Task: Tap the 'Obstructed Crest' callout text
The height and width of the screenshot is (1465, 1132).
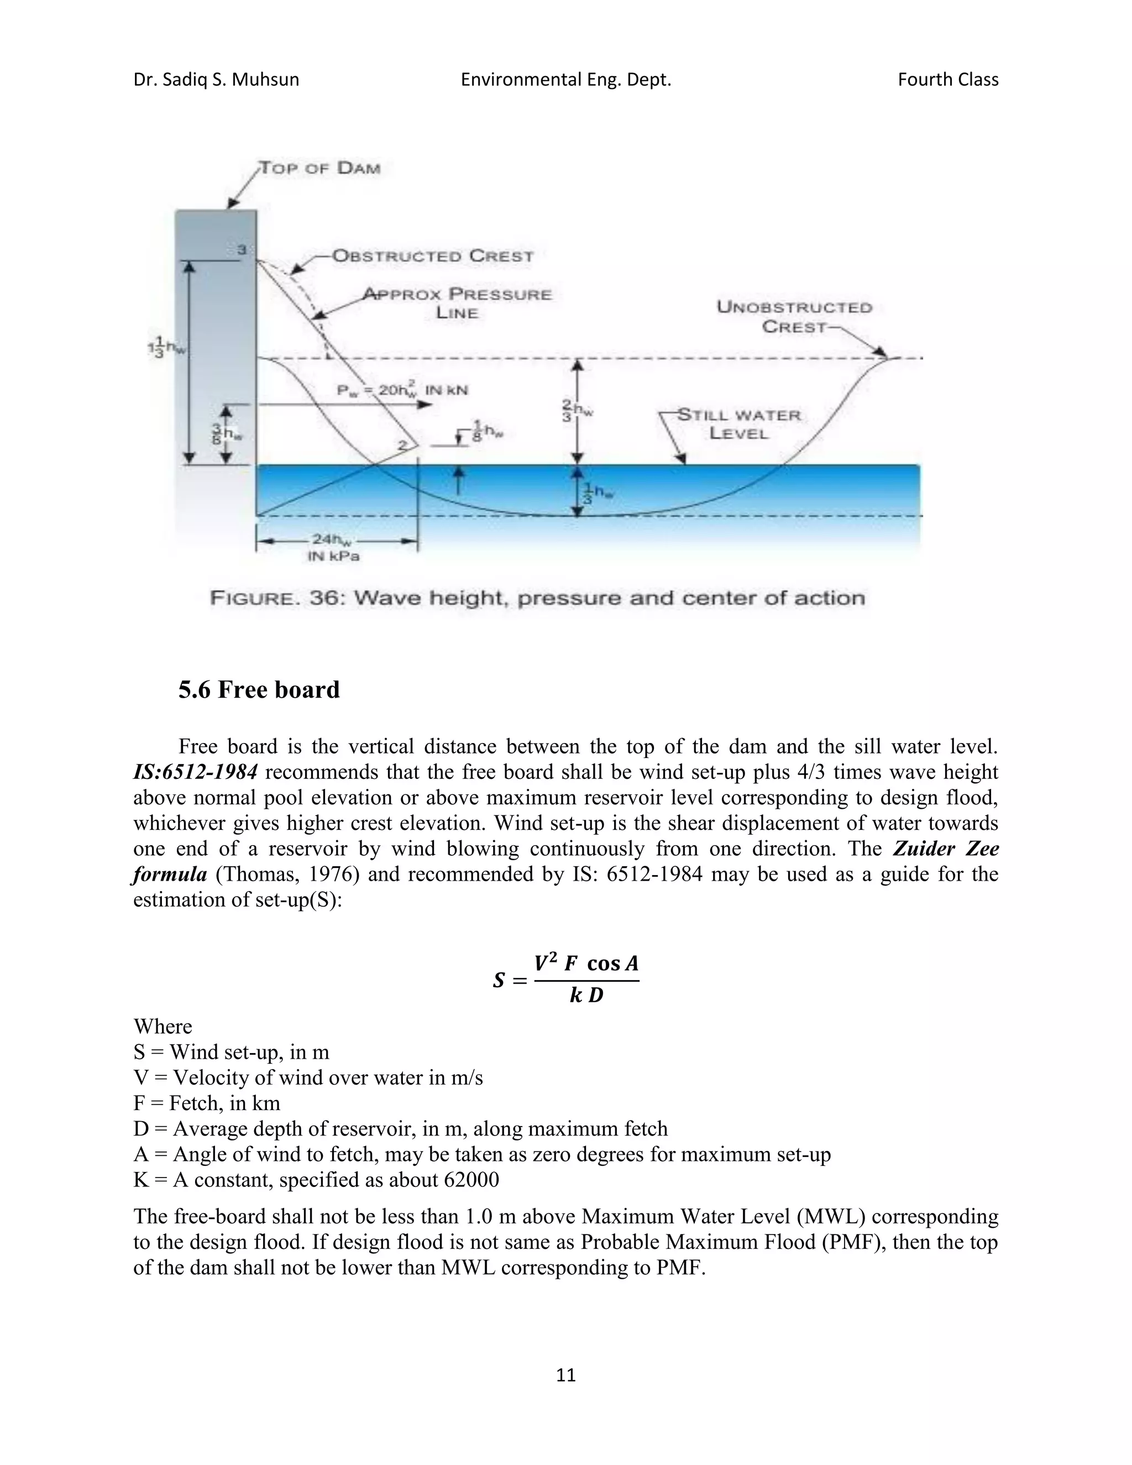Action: pyautogui.click(x=433, y=257)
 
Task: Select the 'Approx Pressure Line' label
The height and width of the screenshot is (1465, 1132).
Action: pyautogui.click(x=457, y=303)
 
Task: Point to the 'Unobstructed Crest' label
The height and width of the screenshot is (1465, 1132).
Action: pyautogui.click(x=794, y=317)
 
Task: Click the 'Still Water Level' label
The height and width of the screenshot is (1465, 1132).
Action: pyautogui.click(x=738, y=424)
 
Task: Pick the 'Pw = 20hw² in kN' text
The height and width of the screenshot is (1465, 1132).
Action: pyautogui.click(x=402, y=390)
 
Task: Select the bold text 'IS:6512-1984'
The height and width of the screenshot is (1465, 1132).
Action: pyautogui.click(x=195, y=772)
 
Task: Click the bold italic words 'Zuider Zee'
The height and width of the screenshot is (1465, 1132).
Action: pyautogui.click(x=946, y=849)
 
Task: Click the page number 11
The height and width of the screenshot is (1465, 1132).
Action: pyautogui.click(x=566, y=1375)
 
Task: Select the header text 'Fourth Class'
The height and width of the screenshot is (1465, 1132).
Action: pyautogui.click(x=947, y=80)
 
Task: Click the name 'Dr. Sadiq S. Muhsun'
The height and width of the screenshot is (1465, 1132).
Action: pyautogui.click(x=216, y=80)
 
